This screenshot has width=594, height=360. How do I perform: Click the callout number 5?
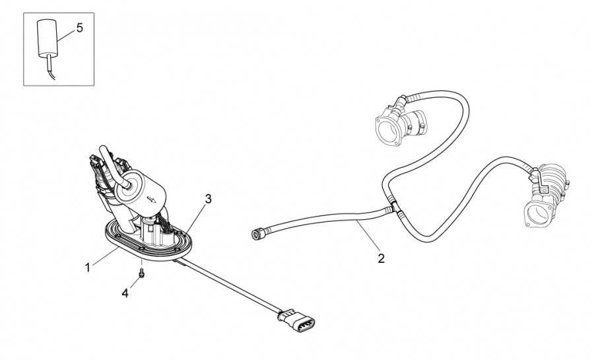[x=80, y=28]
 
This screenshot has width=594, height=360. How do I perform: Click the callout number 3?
[x=209, y=199]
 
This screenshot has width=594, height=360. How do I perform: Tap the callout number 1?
[x=88, y=268]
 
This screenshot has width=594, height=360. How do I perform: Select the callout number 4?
[x=125, y=293]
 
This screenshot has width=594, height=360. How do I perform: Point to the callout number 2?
[x=381, y=258]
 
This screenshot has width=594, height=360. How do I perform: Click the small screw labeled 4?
[x=141, y=272]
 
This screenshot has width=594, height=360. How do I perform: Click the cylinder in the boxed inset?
[x=48, y=38]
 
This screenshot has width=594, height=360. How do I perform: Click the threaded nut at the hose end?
[x=257, y=234]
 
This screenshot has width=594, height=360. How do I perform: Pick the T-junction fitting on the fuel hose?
[x=395, y=207]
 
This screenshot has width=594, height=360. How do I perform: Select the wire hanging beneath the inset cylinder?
[x=50, y=67]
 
